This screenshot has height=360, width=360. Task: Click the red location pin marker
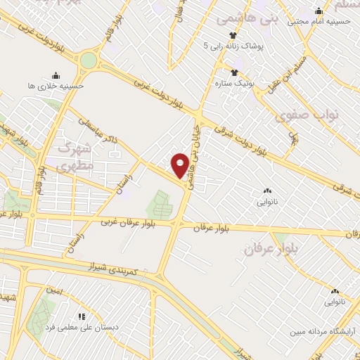click(180, 165)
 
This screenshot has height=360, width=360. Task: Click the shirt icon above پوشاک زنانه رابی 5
click(233, 34)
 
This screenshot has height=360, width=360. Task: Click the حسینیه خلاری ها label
click(56, 86)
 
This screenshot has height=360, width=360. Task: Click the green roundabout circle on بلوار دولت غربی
click(88, 60)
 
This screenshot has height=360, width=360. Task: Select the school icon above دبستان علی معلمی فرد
click(81, 317)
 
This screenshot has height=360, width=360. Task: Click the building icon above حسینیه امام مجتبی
click(319, 11)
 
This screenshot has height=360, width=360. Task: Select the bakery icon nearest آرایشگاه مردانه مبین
click(334, 291)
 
